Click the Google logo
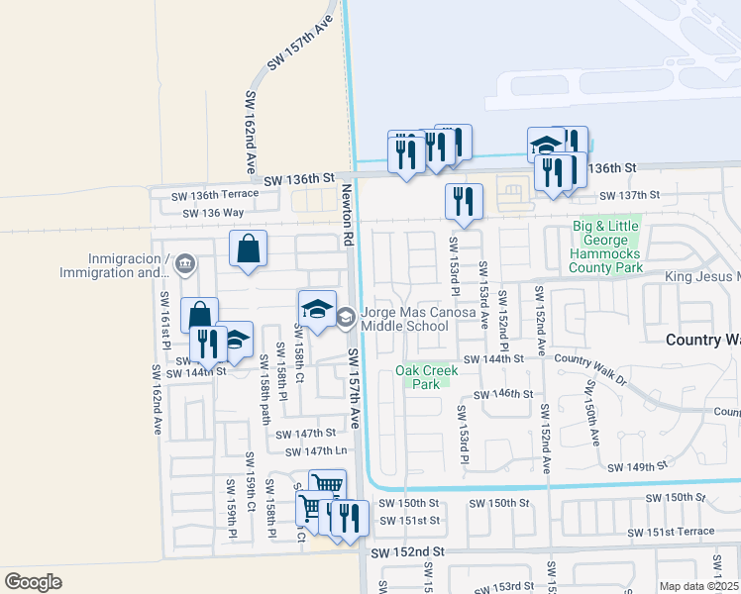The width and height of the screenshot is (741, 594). pos(34,582)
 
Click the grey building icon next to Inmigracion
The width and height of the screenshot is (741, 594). pos(184,264)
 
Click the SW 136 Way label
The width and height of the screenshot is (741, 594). pos(207,213)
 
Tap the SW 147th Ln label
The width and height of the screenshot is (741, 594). pos(315,451)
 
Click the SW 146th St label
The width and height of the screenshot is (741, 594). pos(503,394)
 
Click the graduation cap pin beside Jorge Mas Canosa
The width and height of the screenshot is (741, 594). pos(318,311)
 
